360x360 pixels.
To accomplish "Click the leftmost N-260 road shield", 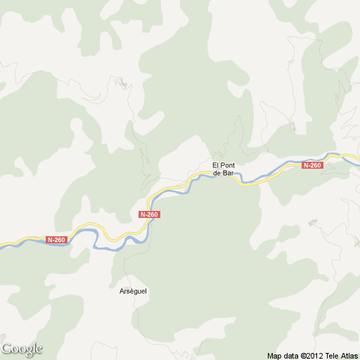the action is coord(56,240).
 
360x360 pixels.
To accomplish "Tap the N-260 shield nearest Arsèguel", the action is coord(150,214).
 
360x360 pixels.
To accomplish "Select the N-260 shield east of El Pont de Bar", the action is coord(311,165).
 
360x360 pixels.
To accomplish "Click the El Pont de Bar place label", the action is coord(223,169).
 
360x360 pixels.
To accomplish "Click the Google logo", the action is coord(22,349).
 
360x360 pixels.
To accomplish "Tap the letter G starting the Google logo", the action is coord(7,348).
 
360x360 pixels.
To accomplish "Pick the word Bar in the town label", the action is coord(228,172).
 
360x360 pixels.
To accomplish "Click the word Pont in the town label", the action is coord(226,165).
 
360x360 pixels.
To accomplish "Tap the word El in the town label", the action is coord(216,165).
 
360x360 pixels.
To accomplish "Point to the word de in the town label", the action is coord(217,172).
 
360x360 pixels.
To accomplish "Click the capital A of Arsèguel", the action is coord(121,290).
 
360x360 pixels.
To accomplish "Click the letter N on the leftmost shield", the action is coord(50,240).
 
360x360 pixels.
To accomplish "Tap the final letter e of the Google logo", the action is coord(39,349).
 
